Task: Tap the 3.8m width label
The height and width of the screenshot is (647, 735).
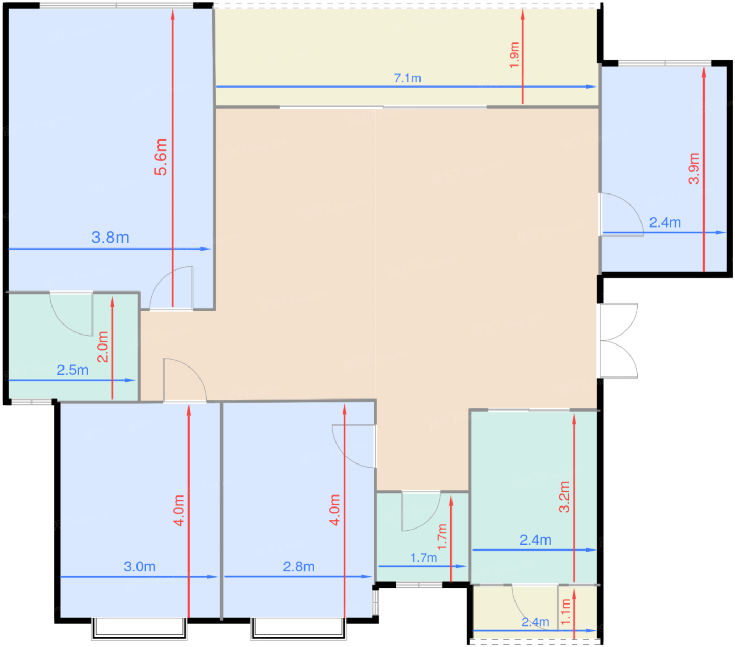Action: (110, 238)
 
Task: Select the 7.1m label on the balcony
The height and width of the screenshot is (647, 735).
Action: (407, 78)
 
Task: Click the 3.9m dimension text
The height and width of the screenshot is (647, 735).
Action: (694, 168)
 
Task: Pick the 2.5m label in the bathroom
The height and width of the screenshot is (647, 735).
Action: (72, 370)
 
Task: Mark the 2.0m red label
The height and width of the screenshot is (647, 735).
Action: (103, 347)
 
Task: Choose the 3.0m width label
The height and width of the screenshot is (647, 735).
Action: (140, 567)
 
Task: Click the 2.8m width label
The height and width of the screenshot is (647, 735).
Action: (299, 567)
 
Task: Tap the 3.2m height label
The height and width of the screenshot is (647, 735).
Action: (564, 497)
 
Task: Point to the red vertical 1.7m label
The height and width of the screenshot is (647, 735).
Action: (442, 537)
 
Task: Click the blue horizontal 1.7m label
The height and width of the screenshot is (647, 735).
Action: (423, 557)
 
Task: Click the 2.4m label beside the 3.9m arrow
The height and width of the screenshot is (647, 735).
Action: (665, 222)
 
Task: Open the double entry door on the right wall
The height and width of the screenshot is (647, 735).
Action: (618, 340)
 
